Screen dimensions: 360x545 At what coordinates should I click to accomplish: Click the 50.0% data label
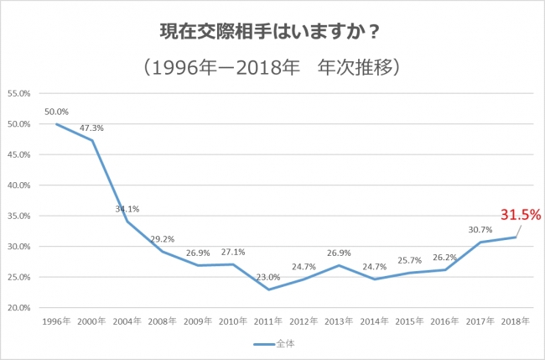point(57,112)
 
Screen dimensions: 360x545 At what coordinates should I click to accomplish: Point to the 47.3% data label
point(91,128)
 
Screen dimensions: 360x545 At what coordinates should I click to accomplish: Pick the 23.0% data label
point(267,277)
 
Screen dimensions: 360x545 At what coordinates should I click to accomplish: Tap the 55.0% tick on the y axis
point(18,93)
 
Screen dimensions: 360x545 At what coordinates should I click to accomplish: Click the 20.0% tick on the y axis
point(18,307)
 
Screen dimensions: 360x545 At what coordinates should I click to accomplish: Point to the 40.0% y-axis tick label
point(18,185)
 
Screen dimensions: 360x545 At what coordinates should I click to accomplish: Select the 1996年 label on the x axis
point(56,321)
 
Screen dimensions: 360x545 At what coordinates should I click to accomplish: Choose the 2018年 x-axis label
point(513,321)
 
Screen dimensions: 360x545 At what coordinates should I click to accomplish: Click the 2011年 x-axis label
point(267,321)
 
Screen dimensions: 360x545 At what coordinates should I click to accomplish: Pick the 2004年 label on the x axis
point(127,321)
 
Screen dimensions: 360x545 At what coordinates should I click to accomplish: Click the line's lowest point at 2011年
point(267,290)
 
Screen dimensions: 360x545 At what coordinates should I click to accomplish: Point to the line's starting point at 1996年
point(56,124)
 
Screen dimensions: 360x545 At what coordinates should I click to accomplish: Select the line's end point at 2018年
point(513,237)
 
